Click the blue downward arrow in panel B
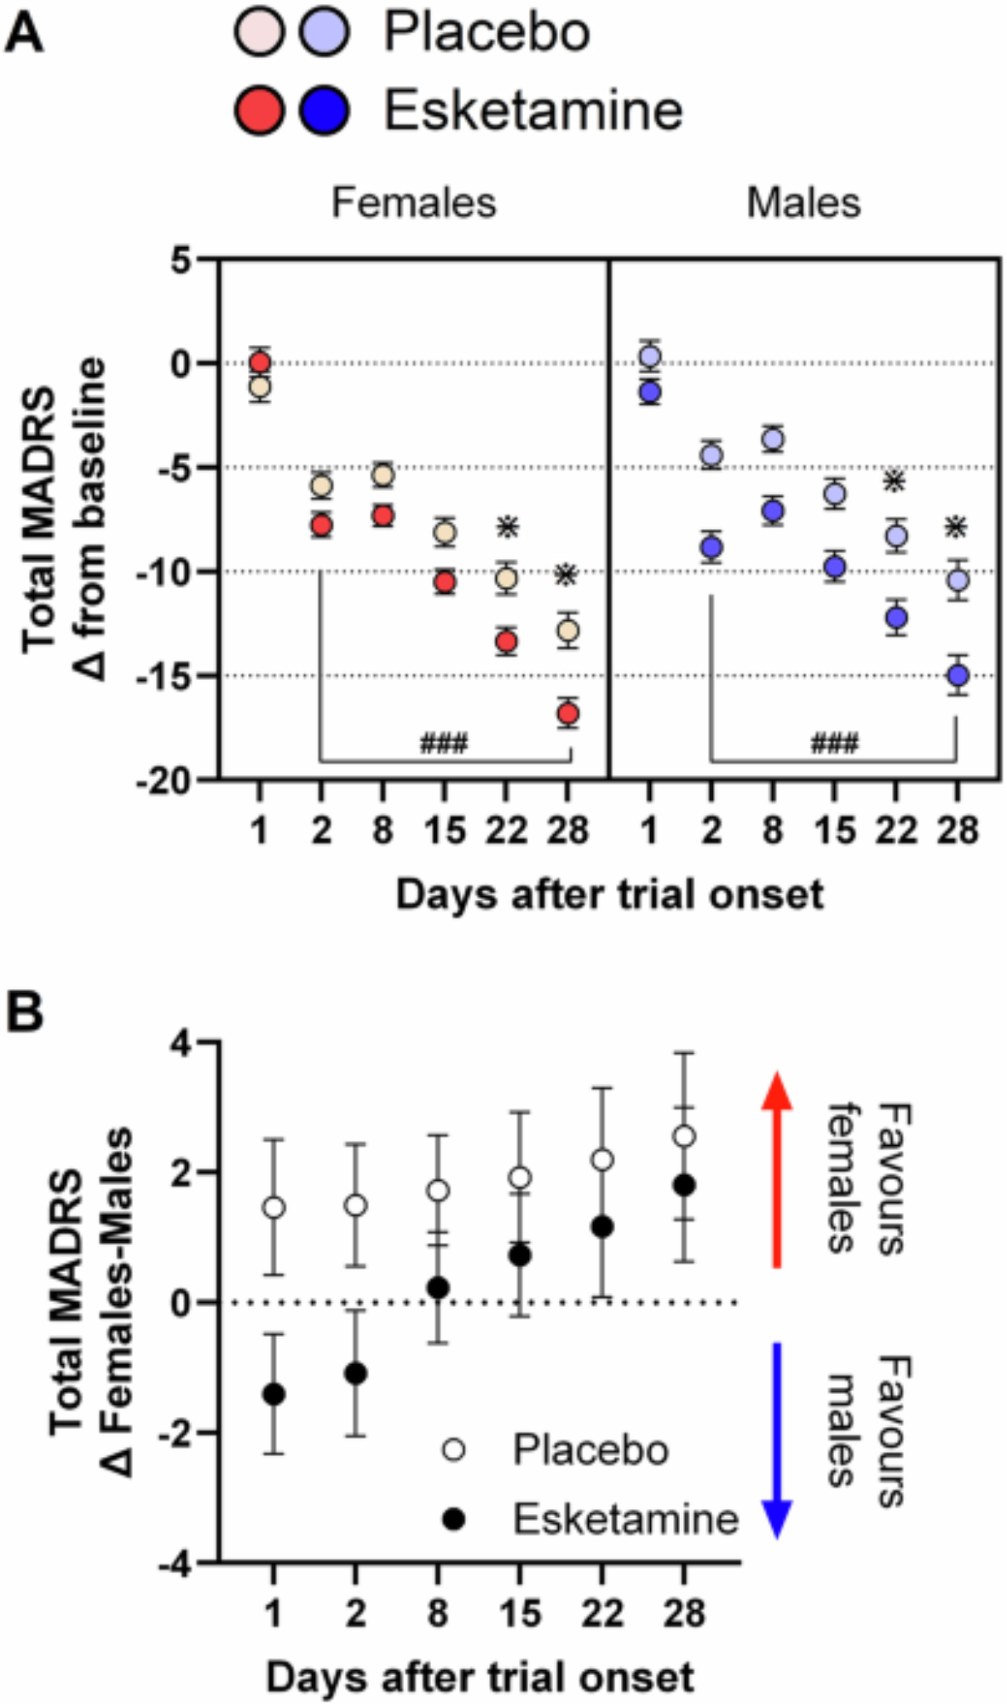click(776, 1440)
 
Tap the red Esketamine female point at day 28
click(568, 713)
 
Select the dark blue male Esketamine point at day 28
click(958, 676)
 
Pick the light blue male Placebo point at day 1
click(650, 356)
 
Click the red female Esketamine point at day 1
click(260, 363)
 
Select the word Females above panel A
click(413, 203)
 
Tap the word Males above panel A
click(803, 203)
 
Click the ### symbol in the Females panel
click(443, 743)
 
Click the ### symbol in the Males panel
click(834, 743)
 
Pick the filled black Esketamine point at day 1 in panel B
click(273, 1395)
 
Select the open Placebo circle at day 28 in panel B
click(684, 1137)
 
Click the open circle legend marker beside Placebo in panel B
click(454, 1449)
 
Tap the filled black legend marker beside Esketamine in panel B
click(454, 1519)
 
